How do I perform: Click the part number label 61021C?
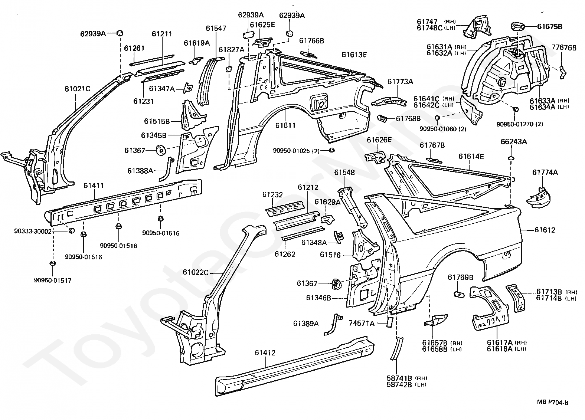tap(77, 89)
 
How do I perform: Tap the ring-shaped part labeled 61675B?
tap(517, 27)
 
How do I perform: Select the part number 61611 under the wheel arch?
tap(285, 125)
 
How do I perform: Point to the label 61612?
tap(545, 230)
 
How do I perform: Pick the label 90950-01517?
tap(52, 280)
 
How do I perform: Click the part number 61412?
tap(265, 353)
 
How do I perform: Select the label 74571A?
tap(362, 324)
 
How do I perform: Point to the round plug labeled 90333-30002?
tap(71, 230)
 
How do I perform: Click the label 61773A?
tap(400, 82)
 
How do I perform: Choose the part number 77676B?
tap(564, 48)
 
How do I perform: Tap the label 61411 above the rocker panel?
tap(94, 186)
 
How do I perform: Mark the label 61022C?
tap(196, 272)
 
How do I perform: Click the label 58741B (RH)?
tap(407, 378)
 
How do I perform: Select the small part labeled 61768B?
tap(382, 118)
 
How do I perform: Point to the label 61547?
tap(216, 28)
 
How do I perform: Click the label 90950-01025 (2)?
tap(296, 151)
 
